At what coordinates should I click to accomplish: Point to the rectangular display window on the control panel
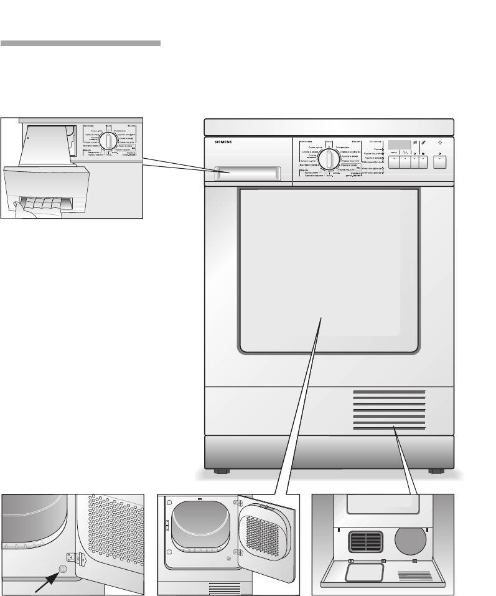tap(400, 144)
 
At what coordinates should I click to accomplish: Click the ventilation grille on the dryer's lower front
tap(390, 411)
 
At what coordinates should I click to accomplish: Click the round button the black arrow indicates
tap(62, 568)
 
